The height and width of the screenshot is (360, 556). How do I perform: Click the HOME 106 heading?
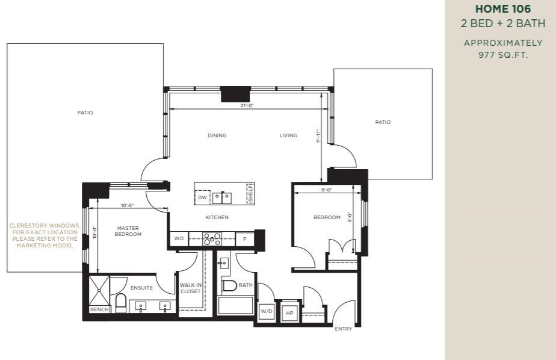pyautogui.click(x=503, y=9)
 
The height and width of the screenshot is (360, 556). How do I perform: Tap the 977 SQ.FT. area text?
pyautogui.click(x=503, y=55)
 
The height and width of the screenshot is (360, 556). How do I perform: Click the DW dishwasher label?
pyautogui.click(x=202, y=197)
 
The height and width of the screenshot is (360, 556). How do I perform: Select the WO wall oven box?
pyautogui.click(x=179, y=238)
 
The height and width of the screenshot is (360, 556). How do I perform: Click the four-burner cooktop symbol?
pyautogui.click(x=212, y=239)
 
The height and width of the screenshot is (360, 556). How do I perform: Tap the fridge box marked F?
pyautogui.click(x=245, y=239)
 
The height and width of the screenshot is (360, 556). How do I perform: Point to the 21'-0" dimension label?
pyautogui.click(x=247, y=105)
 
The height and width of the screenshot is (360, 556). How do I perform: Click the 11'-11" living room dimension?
pyautogui.click(x=318, y=136)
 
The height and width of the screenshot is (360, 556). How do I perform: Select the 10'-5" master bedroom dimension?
pyautogui.click(x=128, y=205)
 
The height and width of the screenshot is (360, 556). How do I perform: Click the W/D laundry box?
pyautogui.click(x=267, y=312)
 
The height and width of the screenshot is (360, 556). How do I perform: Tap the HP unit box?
pyautogui.click(x=289, y=313)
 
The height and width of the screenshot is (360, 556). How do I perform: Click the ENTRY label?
pyautogui.click(x=344, y=329)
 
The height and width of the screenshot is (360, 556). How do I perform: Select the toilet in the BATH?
pyautogui.click(x=229, y=285)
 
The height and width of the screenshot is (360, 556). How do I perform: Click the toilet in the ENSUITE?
pyautogui.click(x=120, y=303)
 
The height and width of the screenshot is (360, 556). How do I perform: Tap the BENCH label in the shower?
pyautogui.click(x=99, y=309)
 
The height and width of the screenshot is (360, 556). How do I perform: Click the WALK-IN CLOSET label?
pyautogui.click(x=190, y=288)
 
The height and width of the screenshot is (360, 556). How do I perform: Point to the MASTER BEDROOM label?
pyautogui.click(x=128, y=231)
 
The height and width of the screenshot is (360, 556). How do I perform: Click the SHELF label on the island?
pyautogui.click(x=250, y=193)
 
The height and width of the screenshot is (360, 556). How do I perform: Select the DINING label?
pyautogui.click(x=217, y=135)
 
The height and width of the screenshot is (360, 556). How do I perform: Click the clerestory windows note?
pyautogui.click(x=45, y=235)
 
